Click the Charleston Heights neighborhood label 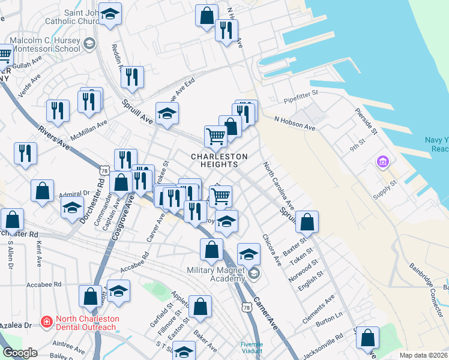tap(219, 161)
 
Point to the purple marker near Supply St tap(382, 162)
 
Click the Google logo tap(20, 353)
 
